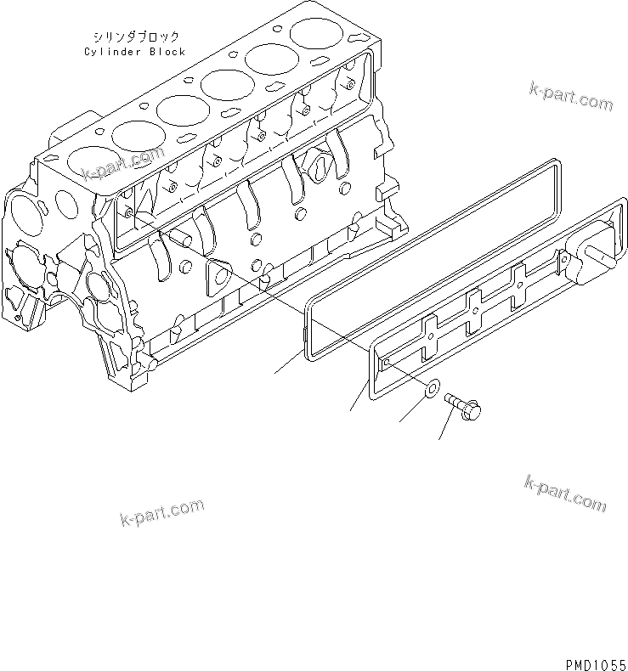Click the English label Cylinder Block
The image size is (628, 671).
pyautogui.click(x=134, y=52)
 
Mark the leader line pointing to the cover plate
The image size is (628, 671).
pyautogui.click(x=359, y=398)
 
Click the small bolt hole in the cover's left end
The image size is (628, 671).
pyautogui.click(x=387, y=362)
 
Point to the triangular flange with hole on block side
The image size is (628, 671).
pyautogui.click(x=219, y=277)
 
